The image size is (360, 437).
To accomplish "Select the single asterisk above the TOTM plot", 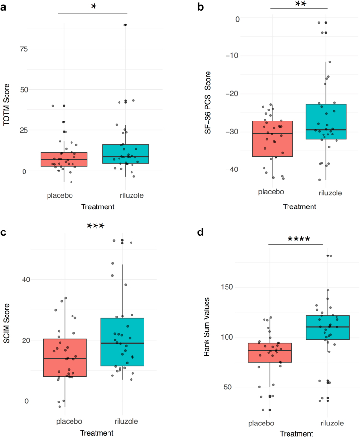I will tap(95, 8).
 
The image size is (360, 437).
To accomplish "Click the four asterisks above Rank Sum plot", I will tap(295, 239).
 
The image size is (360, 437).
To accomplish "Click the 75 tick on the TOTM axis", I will tap(23, 49).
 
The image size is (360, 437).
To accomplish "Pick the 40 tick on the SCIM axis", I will tap(23, 279).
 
